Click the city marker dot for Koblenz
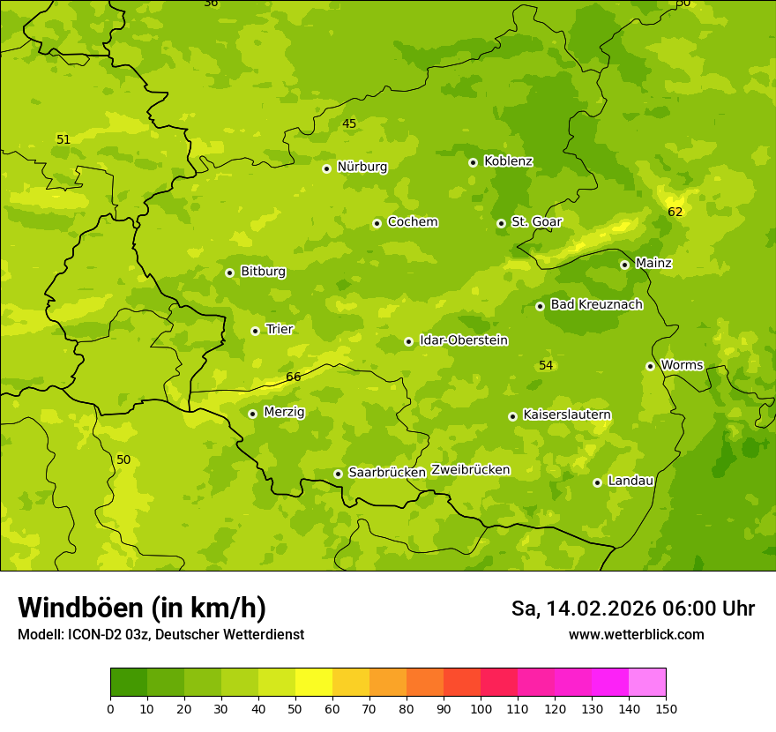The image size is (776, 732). (x=473, y=162)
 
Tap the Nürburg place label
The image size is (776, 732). (x=362, y=167)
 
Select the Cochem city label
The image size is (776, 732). (x=412, y=222)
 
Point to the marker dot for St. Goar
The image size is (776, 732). (x=501, y=223)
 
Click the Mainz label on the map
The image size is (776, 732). (x=653, y=263)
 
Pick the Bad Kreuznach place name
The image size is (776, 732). (x=596, y=304)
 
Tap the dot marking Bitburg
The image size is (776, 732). (x=229, y=273)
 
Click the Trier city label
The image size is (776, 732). (x=279, y=329)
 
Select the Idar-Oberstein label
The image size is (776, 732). (x=463, y=340)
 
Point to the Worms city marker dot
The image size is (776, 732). (x=650, y=366)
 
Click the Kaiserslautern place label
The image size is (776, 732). (x=566, y=415)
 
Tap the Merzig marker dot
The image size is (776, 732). (x=252, y=414)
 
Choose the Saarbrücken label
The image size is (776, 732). (x=386, y=473)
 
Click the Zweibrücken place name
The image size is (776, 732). (x=470, y=470)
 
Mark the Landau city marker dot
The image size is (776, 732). (x=597, y=482)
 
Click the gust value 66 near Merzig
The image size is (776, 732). (x=294, y=377)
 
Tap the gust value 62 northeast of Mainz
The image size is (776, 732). (x=675, y=212)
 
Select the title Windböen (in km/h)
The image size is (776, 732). (x=142, y=608)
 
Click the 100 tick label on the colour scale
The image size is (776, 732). (x=481, y=708)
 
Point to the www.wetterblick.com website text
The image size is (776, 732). (x=636, y=634)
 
